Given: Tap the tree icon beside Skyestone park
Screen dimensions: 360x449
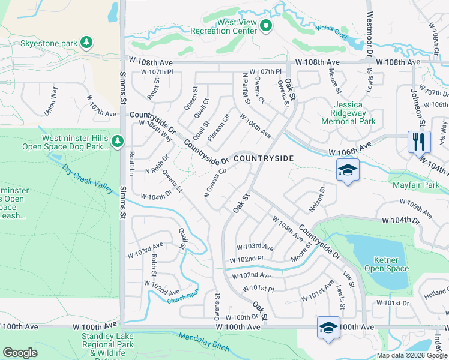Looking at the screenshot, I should point(88,43).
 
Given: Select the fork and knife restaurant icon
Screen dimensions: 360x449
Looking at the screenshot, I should point(419,142).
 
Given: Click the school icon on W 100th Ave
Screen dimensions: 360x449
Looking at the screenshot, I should point(328,328).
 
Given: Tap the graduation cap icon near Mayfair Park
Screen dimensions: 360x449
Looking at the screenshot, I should point(348,170).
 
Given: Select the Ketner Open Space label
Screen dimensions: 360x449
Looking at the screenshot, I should point(387,264).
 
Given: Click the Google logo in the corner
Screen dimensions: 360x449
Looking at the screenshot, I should point(20,353).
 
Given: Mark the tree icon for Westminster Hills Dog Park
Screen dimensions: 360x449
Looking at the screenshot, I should point(117,141).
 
